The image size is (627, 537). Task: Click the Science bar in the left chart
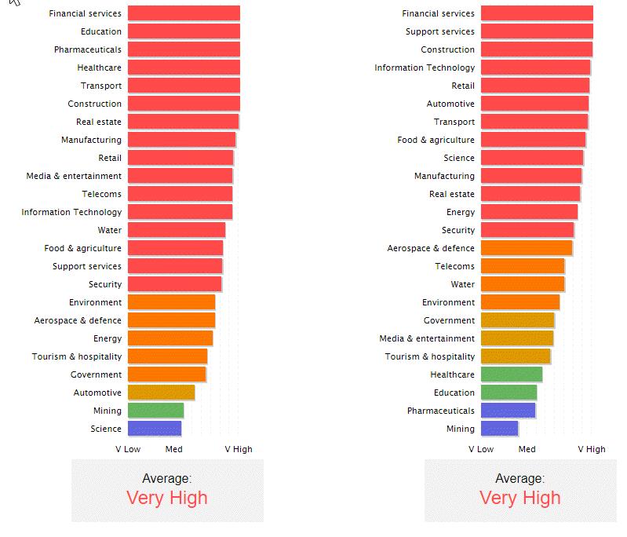pos(155,429)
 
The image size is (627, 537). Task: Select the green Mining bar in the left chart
pos(155,411)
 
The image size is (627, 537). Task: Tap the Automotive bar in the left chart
pos(161,393)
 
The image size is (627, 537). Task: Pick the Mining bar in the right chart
pos(499,429)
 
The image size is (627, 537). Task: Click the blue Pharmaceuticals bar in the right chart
pos(508,411)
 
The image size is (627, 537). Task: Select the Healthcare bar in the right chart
pos(512,374)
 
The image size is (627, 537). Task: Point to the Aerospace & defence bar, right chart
pos(526,248)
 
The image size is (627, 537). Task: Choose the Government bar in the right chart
pos(517,320)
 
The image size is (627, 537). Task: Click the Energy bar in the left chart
pos(170,338)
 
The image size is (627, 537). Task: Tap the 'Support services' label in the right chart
pos(440,31)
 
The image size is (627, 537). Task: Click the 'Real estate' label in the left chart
pos(99,122)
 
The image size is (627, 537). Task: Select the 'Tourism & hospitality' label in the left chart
pos(77,356)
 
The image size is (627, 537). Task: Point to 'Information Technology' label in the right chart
pos(425,68)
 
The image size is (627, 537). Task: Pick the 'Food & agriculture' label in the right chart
pos(436,140)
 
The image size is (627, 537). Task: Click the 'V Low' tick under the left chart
pos(128,449)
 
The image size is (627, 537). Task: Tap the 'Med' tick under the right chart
pos(527,449)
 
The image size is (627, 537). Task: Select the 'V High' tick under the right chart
pos(592,449)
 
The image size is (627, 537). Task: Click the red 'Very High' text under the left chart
pos(167,498)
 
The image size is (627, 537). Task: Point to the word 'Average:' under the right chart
pos(520,478)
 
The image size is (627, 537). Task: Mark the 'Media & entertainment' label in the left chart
pos(74,176)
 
